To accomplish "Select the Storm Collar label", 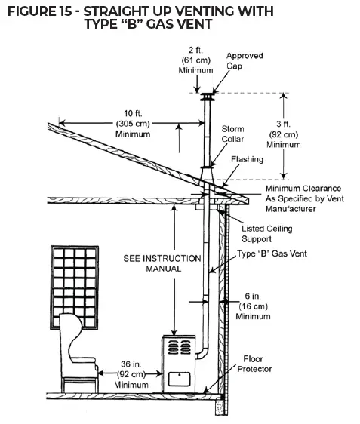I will pos(232,134).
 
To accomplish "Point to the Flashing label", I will pos(248,159).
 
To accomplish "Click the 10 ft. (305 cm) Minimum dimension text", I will pos(133,124).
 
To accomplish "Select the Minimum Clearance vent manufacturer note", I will pos(303,198).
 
